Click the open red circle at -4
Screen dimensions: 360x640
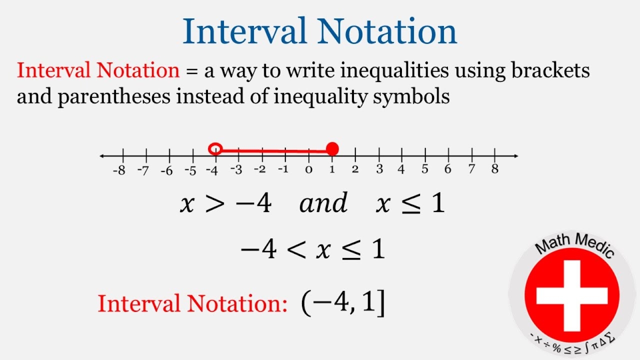[x=215, y=149]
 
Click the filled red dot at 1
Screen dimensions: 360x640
[x=332, y=149]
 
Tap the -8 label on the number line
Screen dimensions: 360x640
[x=119, y=170]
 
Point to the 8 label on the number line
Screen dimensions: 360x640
[x=494, y=169]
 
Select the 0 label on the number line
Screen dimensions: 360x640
[x=308, y=170]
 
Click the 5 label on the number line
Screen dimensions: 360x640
[x=424, y=169]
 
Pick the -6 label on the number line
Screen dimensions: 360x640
[x=166, y=170]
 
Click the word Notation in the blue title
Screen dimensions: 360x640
[x=387, y=31]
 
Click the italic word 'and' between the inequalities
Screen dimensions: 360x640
[x=323, y=203]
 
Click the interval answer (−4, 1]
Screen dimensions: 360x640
[x=343, y=303]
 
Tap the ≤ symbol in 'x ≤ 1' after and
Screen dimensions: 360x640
[x=409, y=204]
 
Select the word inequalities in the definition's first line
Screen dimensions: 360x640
[x=394, y=71]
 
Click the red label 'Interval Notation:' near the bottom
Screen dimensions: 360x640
[x=192, y=304]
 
